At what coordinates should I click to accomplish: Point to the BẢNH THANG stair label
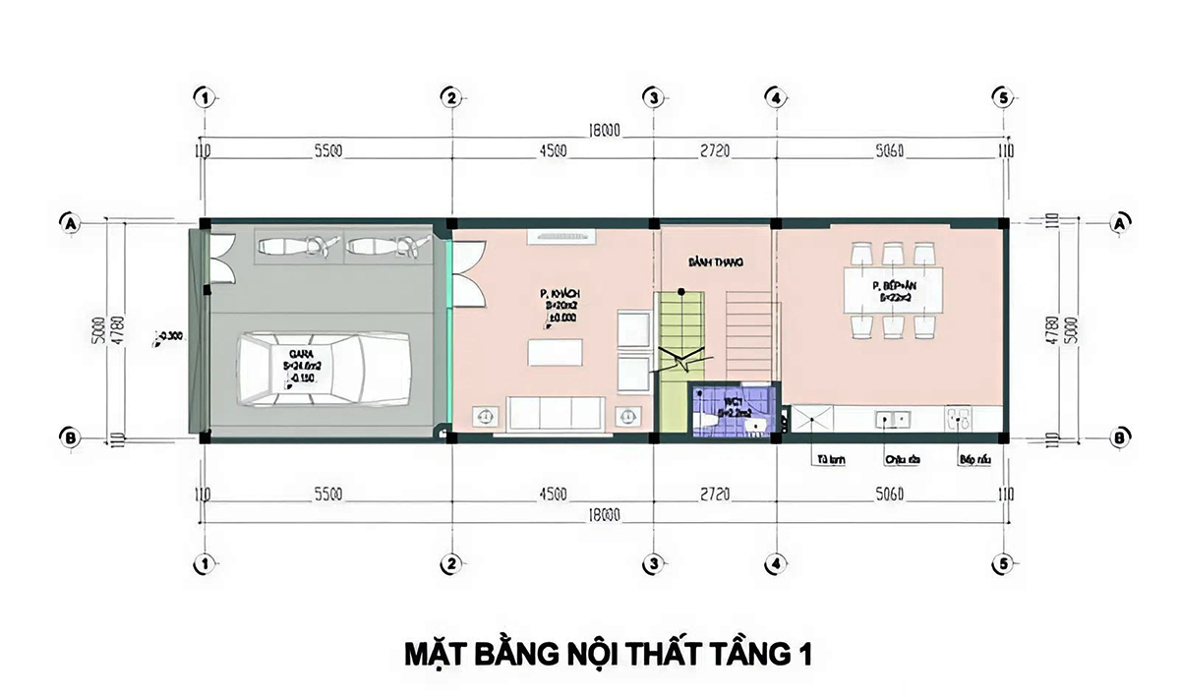pos(714,263)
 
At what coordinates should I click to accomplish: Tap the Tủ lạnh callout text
pos(826,459)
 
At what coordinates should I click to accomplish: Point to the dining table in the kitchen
pos(894,290)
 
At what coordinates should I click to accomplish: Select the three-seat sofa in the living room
pos(557,413)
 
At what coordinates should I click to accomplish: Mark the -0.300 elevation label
pos(169,336)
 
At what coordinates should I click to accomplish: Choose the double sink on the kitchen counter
pos(894,418)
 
